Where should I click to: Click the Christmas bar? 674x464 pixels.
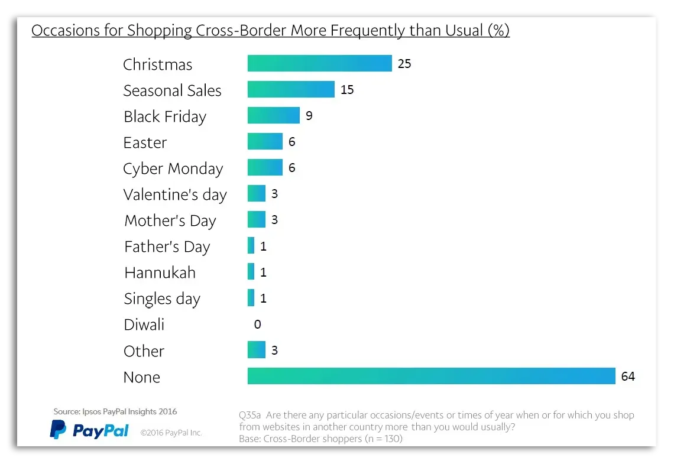(x=319, y=63)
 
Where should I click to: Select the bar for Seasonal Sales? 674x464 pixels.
(x=291, y=89)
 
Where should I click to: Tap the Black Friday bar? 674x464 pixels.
(x=273, y=115)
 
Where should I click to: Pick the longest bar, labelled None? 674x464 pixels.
(x=432, y=376)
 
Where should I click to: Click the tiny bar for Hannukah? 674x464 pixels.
(x=251, y=272)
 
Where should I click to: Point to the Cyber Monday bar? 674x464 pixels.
(x=265, y=168)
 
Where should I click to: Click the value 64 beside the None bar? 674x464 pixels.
(x=628, y=377)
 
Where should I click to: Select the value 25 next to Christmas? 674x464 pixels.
(x=404, y=64)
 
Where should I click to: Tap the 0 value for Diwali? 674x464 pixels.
(x=257, y=325)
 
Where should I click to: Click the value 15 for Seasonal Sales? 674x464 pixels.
(x=347, y=90)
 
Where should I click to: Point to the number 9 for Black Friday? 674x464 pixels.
(x=309, y=116)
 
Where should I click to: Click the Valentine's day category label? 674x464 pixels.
(x=175, y=194)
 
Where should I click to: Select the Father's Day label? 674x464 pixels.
(x=167, y=246)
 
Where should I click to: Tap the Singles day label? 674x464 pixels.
(x=162, y=298)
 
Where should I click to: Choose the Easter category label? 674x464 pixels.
(x=145, y=142)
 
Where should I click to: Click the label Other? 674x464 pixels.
(x=144, y=351)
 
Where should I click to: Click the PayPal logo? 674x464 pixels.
(x=89, y=430)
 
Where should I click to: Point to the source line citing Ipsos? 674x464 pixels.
(x=115, y=411)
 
